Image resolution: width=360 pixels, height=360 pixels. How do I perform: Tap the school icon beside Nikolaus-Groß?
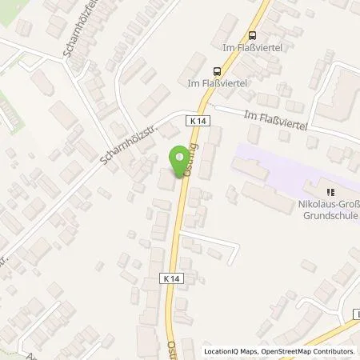tap(329, 191)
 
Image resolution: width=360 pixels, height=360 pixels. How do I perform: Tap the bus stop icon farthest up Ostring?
tap(253, 34)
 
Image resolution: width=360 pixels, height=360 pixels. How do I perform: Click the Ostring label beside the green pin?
tap(190, 156)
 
